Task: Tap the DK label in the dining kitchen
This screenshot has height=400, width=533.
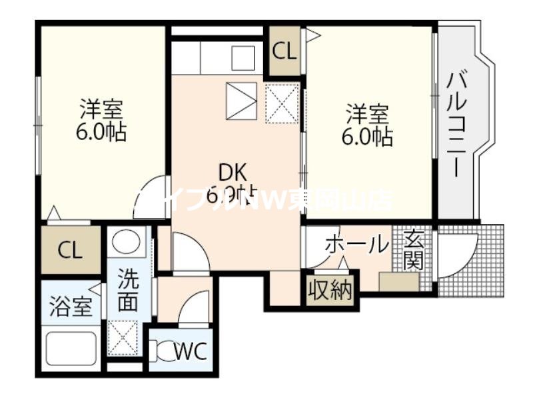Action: point(231,171)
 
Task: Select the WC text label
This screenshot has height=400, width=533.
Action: point(192,349)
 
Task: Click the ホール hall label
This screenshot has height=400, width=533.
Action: point(356,245)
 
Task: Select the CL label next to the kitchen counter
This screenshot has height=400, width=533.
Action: point(285,51)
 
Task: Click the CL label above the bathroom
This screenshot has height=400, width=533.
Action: point(70,250)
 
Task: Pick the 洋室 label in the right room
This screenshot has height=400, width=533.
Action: point(366,113)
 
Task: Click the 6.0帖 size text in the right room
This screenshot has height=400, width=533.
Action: point(366,137)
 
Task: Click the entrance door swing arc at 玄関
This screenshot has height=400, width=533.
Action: point(460,257)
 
